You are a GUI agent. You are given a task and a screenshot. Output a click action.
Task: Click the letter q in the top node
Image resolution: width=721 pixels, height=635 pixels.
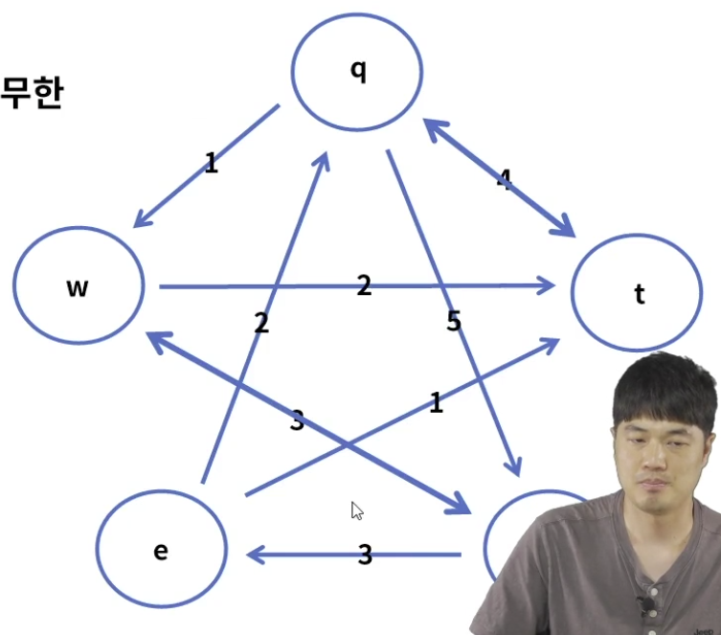click(x=358, y=72)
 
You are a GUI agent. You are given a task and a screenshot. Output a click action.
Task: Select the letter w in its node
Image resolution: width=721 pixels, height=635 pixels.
click(x=78, y=286)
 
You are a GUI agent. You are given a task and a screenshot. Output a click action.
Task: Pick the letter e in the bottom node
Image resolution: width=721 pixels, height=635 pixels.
click(x=161, y=552)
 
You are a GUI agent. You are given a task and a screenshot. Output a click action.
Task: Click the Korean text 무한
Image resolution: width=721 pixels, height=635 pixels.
click(x=31, y=94)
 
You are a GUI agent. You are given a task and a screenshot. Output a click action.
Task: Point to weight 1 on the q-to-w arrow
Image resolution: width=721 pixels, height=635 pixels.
click(x=211, y=163)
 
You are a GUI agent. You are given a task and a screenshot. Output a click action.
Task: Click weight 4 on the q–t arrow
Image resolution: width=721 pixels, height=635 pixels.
click(x=504, y=178)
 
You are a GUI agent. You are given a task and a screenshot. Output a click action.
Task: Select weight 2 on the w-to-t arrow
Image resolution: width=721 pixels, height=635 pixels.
click(x=364, y=284)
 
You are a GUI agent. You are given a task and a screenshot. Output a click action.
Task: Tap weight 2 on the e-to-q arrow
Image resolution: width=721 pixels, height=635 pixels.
click(x=261, y=323)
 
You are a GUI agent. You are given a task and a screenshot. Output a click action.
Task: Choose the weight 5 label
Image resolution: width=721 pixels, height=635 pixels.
click(x=453, y=322)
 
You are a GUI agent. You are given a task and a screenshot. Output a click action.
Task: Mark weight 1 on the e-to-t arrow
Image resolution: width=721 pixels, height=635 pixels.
click(x=436, y=403)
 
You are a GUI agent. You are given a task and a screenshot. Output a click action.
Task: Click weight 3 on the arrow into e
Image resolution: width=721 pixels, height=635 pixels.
click(x=364, y=555)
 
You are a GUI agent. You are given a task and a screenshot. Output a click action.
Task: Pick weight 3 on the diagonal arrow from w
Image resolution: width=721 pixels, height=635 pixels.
click(x=297, y=420)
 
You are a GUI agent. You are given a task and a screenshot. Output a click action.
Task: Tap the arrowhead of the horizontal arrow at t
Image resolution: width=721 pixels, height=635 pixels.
click(x=550, y=285)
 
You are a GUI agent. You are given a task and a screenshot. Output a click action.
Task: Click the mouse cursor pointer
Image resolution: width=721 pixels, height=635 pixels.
click(x=356, y=510)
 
